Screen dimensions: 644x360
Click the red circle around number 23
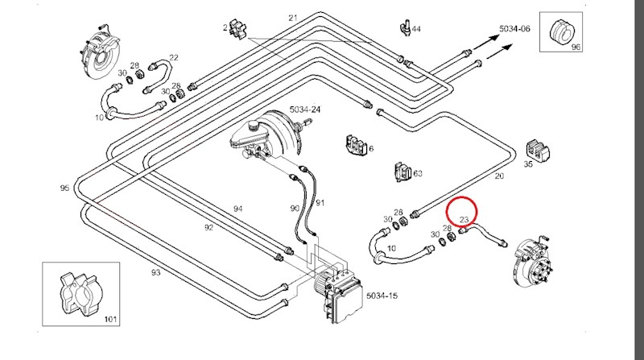click(x=462, y=197)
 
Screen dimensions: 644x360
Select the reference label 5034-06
click(x=514, y=29)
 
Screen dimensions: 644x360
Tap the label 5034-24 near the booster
click(x=305, y=110)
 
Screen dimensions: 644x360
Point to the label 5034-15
click(x=382, y=296)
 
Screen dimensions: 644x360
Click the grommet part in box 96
click(x=561, y=31)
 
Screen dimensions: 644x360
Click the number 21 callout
click(x=292, y=18)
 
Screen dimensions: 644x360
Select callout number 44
click(x=416, y=29)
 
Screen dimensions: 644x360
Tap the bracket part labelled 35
click(x=538, y=151)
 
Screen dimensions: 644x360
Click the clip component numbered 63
click(x=402, y=172)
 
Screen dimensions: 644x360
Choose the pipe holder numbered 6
click(x=356, y=145)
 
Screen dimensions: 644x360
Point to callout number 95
click(x=64, y=188)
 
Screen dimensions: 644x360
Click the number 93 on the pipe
click(x=155, y=272)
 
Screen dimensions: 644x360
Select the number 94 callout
click(x=237, y=209)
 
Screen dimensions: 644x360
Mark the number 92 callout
click(x=208, y=227)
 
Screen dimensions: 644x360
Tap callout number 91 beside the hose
click(x=320, y=203)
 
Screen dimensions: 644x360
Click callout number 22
click(x=174, y=57)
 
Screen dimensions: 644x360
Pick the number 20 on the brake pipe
click(x=499, y=176)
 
